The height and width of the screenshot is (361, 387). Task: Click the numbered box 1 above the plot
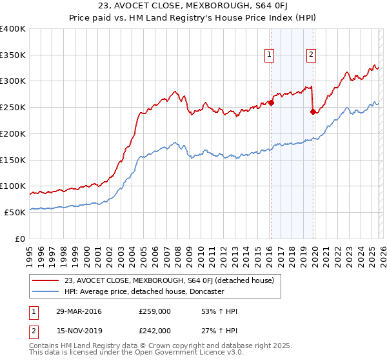[268, 55]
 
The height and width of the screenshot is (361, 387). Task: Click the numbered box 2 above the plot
[311, 55]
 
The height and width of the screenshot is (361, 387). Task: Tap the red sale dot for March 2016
[271, 102]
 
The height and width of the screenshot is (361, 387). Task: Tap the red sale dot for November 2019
[313, 112]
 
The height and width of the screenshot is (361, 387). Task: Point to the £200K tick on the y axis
[12, 133]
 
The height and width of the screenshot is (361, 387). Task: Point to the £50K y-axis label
[14, 212]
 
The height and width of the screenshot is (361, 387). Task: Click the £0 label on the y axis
[19, 239]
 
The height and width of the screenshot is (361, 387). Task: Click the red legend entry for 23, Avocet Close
[169, 280]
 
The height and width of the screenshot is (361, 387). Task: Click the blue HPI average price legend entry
[153, 292]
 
